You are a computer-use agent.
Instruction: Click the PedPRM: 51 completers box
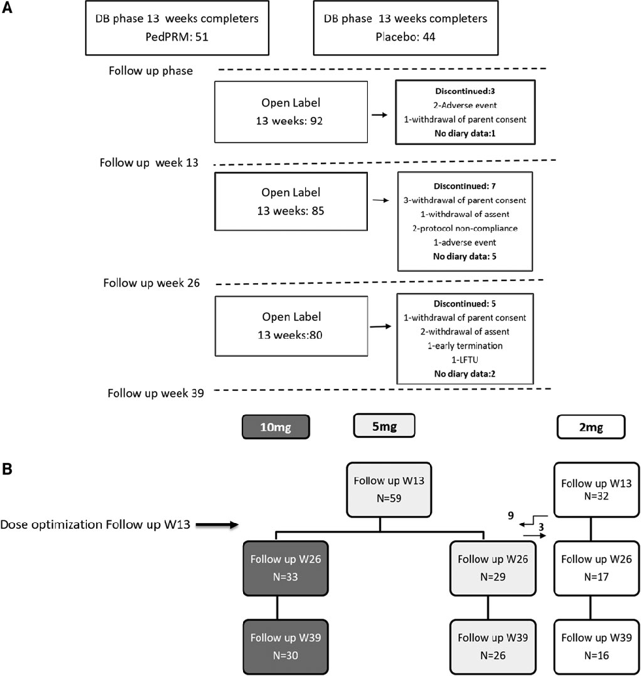point(176,27)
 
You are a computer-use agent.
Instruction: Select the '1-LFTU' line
point(465,358)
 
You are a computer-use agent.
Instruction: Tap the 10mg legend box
point(274,428)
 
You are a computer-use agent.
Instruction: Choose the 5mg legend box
point(384,426)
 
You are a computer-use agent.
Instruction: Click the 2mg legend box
point(590,428)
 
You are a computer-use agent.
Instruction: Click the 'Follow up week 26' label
point(152,284)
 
